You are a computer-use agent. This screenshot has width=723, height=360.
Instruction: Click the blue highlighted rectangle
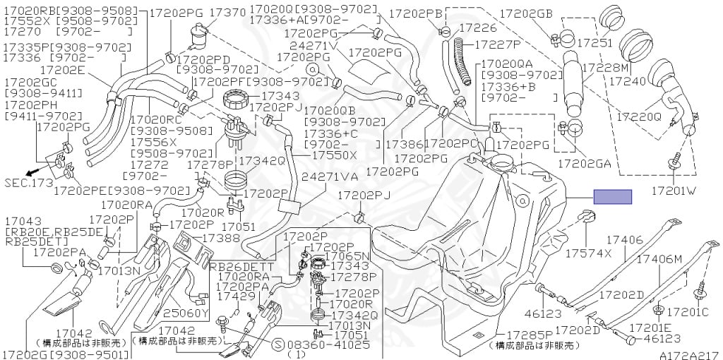(612, 197)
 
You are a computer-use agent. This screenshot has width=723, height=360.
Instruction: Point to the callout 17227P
(498, 44)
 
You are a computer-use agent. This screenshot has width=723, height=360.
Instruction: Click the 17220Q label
(639, 116)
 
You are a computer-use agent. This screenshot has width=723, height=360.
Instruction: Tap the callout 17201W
(674, 191)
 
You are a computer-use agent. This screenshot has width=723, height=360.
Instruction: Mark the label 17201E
(651, 328)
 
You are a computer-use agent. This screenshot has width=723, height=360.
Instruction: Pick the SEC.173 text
(28, 183)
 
